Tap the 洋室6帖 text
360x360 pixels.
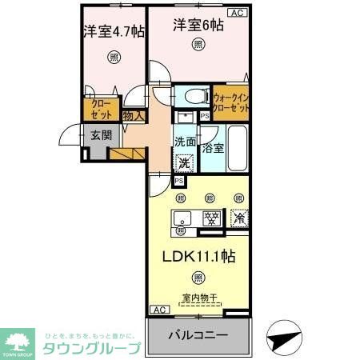click(x=198, y=25)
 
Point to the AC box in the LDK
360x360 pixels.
click(x=158, y=310)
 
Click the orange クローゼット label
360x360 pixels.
click(x=102, y=108)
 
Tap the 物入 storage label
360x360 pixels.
click(x=134, y=117)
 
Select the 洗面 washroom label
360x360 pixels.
click(x=185, y=142)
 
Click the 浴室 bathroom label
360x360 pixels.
click(x=213, y=147)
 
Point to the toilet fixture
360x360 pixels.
click(x=193, y=96)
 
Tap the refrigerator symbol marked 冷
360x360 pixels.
click(x=239, y=217)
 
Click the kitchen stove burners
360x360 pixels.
click(x=212, y=217)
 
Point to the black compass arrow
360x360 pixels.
click(x=281, y=338)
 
